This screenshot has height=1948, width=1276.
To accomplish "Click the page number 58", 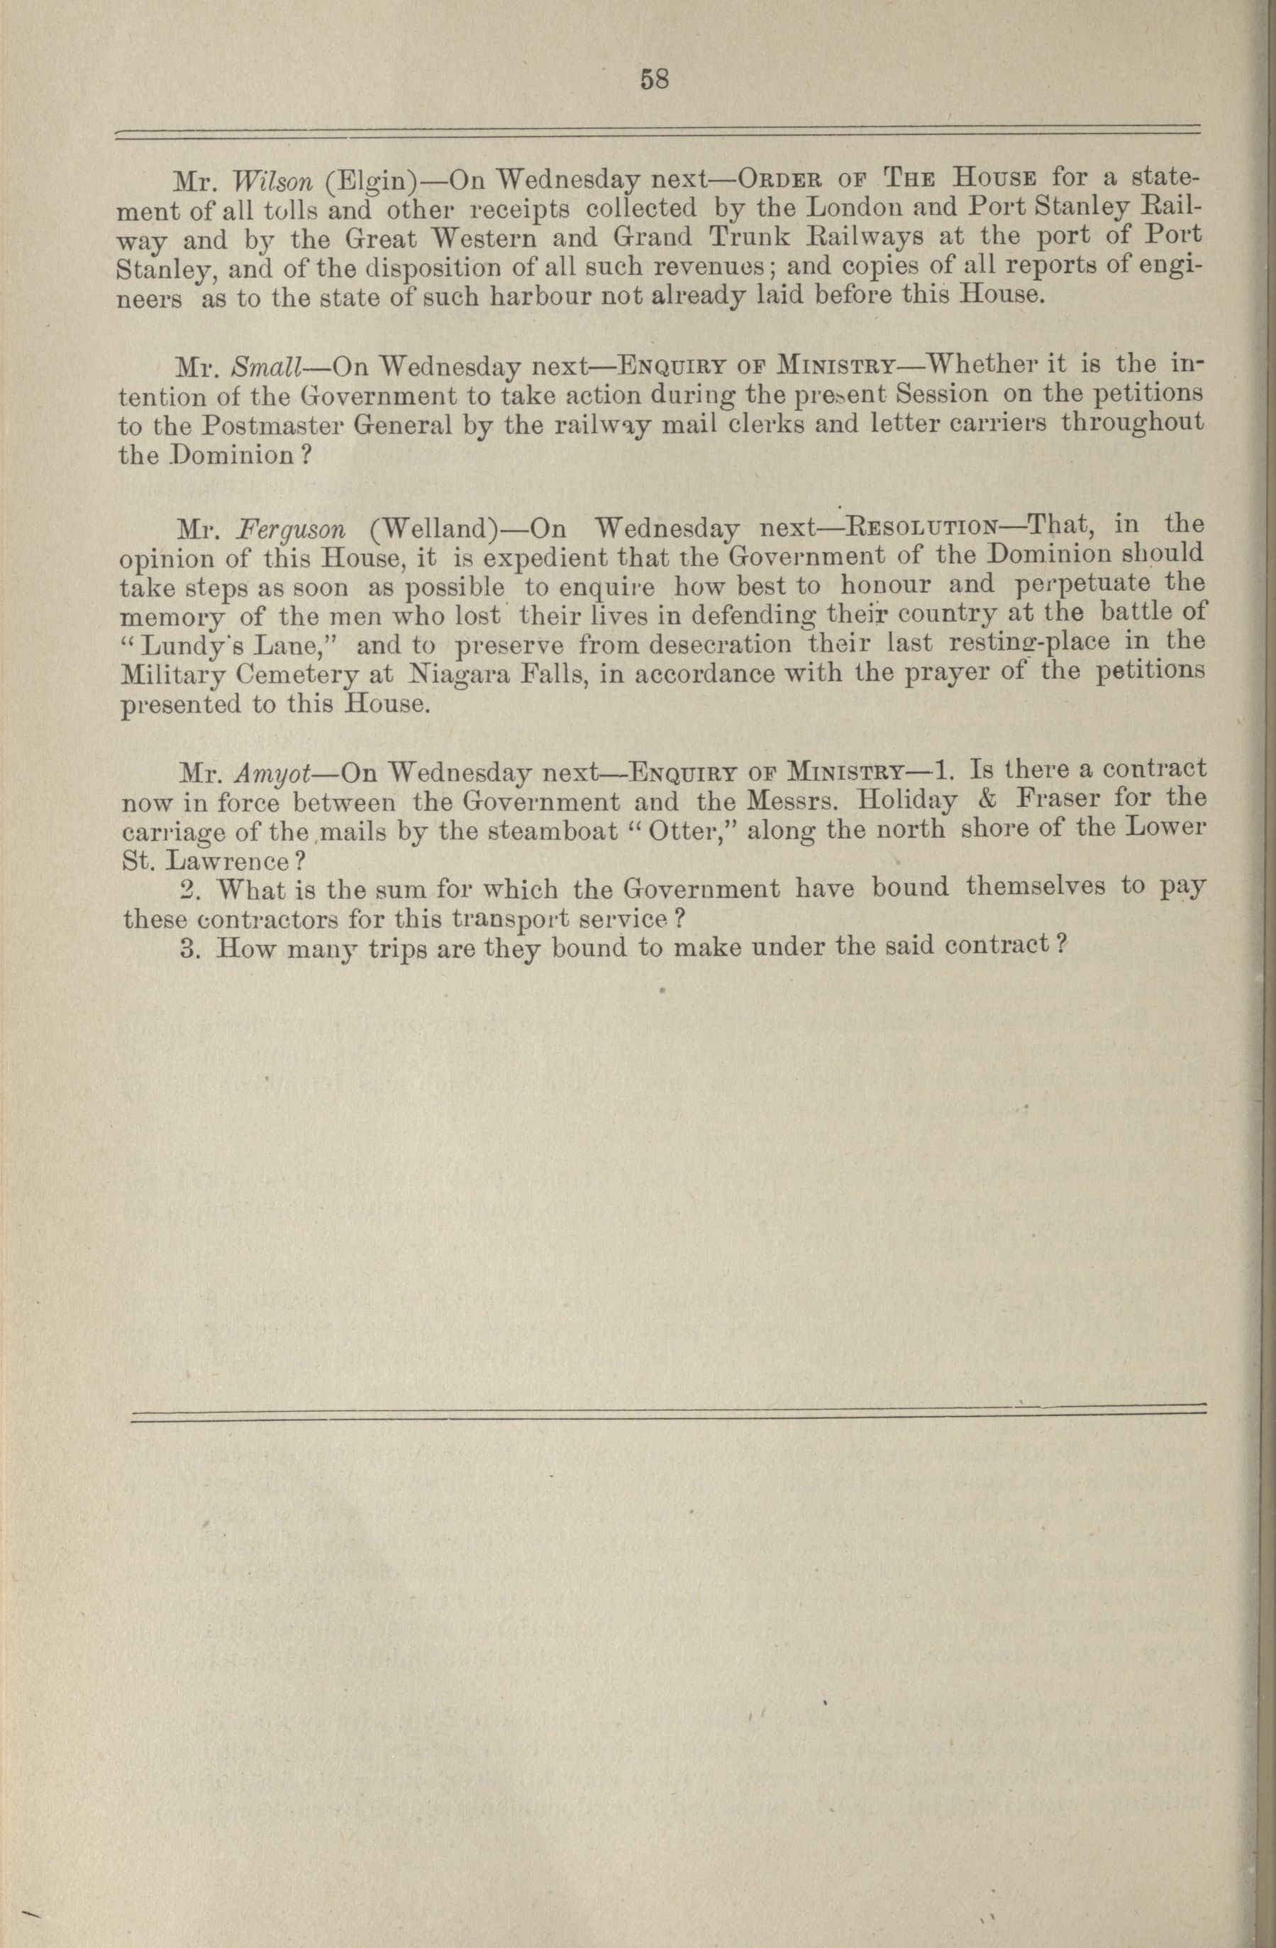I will tap(655, 79).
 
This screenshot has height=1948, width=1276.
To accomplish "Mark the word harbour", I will tap(541, 296).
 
